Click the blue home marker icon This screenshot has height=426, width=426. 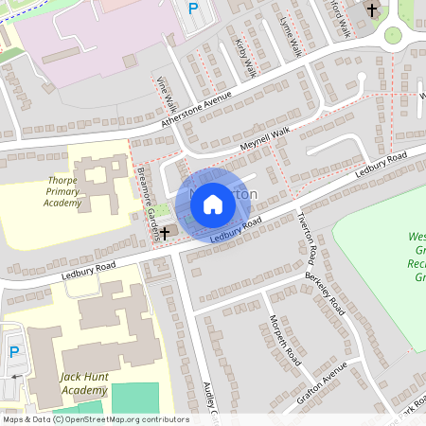coord(213,203)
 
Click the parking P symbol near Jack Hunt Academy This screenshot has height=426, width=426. coord(14,351)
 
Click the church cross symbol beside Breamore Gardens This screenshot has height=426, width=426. coord(165,231)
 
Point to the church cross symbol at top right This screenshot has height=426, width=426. coord(372,10)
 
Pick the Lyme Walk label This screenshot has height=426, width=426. coord(291,33)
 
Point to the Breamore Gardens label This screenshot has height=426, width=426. coord(148,198)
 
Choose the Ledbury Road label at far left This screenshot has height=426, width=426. coord(91,269)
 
